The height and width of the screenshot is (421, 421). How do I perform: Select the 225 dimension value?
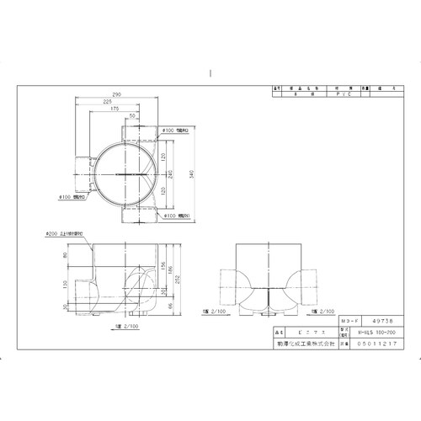tap(109, 101)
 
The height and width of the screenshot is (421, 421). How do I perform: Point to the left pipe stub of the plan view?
tap(83, 173)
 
